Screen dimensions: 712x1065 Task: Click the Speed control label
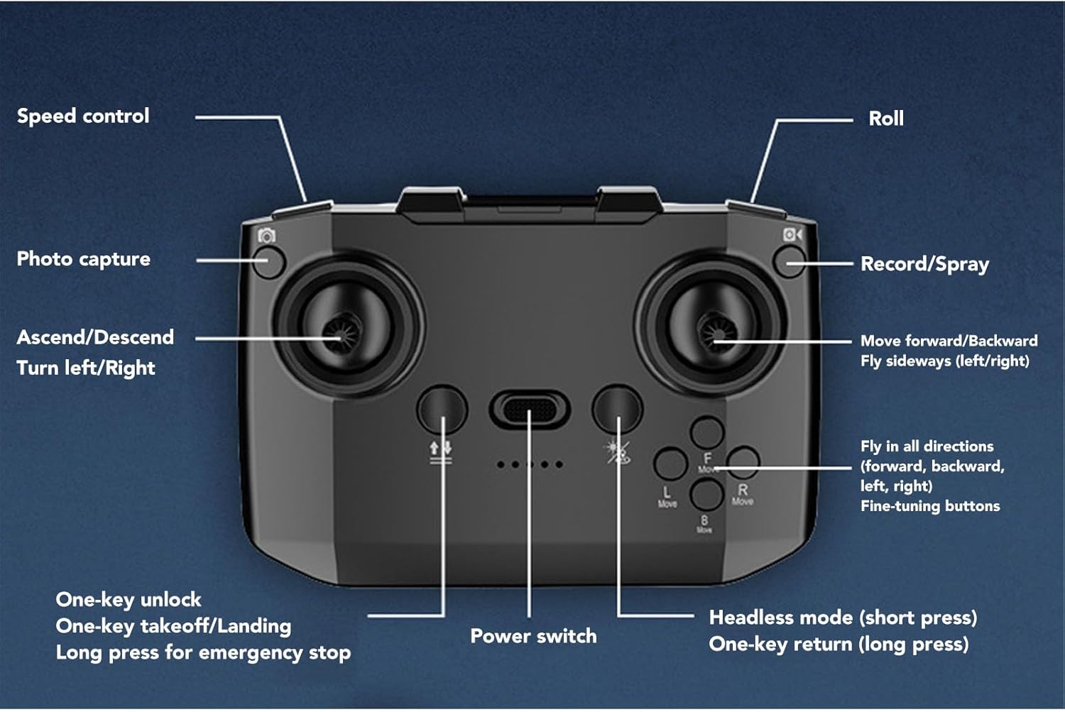(83, 116)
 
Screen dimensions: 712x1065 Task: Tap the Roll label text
(885, 119)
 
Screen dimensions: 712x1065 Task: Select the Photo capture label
(83, 259)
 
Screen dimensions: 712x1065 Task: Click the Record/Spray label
(924, 264)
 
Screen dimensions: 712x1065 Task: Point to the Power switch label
(533, 636)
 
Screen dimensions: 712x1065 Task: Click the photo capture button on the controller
(269, 262)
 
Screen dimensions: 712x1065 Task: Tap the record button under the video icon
(789, 263)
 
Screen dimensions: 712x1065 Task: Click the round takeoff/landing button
(442, 409)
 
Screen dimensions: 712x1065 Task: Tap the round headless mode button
(617, 409)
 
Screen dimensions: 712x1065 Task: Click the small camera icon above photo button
(267, 236)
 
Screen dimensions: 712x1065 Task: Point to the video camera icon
(792, 234)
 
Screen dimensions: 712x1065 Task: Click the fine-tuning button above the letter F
(707, 432)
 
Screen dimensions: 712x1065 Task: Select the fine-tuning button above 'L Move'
(670, 464)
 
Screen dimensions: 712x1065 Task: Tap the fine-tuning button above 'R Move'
(743, 463)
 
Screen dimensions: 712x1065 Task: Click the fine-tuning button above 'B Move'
(706, 494)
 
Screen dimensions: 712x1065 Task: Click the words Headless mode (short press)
(843, 618)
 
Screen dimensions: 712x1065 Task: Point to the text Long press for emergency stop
(203, 652)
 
